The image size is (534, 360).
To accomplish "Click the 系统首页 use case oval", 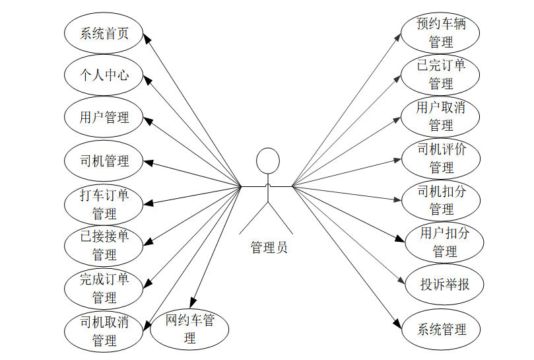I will (x=104, y=33).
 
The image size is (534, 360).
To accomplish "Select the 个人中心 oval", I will (x=104, y=75).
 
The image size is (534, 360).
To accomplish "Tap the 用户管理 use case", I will (x=104, y=118).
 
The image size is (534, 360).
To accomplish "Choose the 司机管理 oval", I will (x=104, y=161).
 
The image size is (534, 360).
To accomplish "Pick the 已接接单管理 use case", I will (x=104, y=245).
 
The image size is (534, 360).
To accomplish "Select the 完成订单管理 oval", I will (x=104, y=288).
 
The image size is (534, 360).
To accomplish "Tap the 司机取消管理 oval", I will (x=104, y=331).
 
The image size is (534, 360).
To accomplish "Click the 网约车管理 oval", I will (x=189, y=329).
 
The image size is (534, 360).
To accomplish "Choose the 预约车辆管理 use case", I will (x=441, y=33).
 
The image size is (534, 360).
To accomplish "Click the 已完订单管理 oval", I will (x=441, y=74).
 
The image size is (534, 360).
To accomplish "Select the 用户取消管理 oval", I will (x=441, y=116).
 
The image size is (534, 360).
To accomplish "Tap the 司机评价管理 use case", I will (x=441, y=159).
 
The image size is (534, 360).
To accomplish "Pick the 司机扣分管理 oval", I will (x=442, y=200).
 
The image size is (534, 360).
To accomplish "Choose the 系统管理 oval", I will (x=441, y=329).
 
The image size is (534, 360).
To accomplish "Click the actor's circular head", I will (x=267, y=161).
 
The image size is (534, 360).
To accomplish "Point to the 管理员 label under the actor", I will (x=269, y=248).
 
